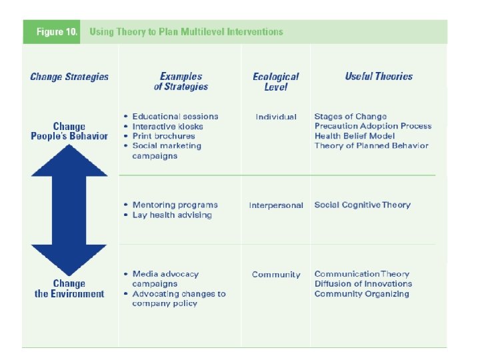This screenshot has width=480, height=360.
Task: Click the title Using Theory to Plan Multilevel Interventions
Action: click(x=186, y=31)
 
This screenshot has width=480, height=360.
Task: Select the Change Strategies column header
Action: click(x=69, y=77)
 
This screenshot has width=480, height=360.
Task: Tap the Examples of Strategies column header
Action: click(x=181, y=81)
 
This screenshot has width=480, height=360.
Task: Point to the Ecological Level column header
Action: click(x=275, y=81)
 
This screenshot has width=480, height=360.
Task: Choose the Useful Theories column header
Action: click(x=379, y=77)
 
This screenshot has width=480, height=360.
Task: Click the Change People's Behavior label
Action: click(x=69, y=131)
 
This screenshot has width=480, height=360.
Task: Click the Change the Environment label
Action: click(x=69, y=288)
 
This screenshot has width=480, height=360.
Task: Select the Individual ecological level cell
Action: click(x=275, y=117)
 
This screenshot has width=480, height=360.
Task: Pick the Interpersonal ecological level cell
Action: click(x=275, y=205)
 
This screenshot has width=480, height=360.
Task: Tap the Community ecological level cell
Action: click(x=275, y=274)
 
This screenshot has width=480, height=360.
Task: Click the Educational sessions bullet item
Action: click(x=175, y=117)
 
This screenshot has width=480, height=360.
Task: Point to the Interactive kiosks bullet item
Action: click(x=167, y=126)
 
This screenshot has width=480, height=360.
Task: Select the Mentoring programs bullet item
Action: click(x=175, y=205)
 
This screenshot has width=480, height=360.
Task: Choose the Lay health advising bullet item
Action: click(x=172, y=215)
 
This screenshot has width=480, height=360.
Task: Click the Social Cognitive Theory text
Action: click(x=362, y=205)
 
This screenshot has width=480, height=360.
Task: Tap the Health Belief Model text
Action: click(x=354, y=136)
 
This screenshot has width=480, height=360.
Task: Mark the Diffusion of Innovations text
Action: click(x=363, y=283)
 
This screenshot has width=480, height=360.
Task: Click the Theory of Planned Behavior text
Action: click(x=371, y=145)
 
